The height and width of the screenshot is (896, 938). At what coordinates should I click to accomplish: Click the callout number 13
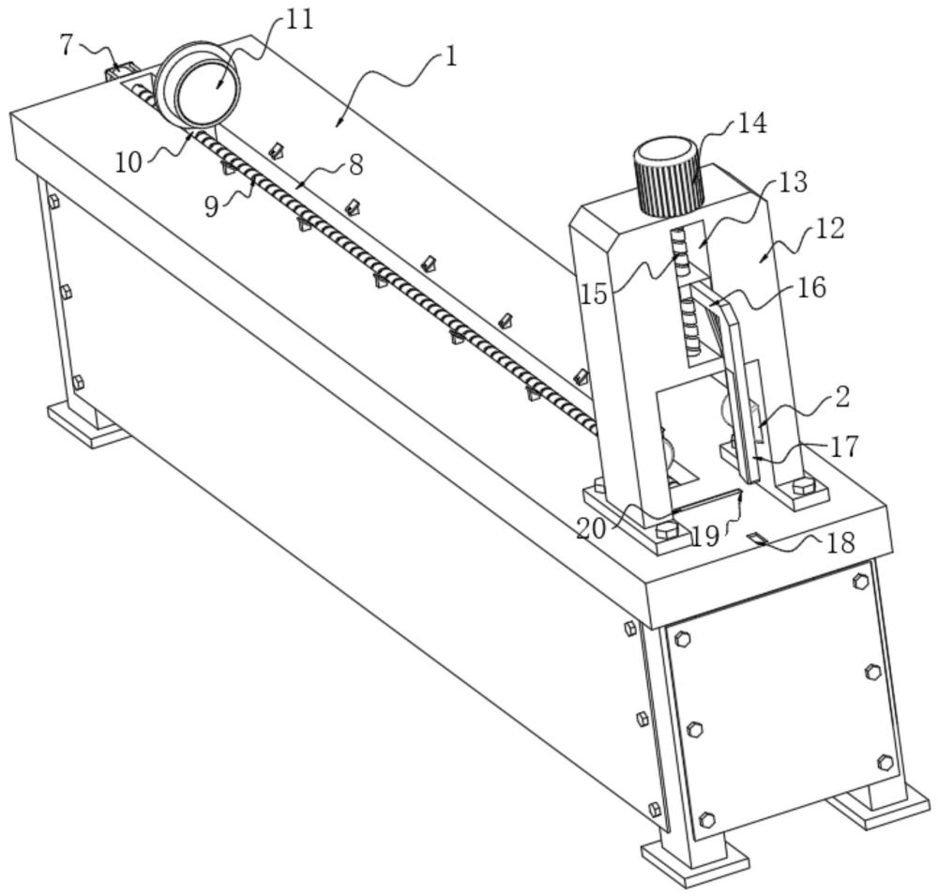pos(793,183)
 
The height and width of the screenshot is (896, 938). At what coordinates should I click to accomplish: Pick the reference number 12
pos(829,229)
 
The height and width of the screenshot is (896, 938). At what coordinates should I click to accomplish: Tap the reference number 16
pos(811,287)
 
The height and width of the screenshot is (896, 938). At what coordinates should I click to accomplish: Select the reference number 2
pos(841,398)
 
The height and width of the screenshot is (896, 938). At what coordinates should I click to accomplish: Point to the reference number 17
pos(844,447)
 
